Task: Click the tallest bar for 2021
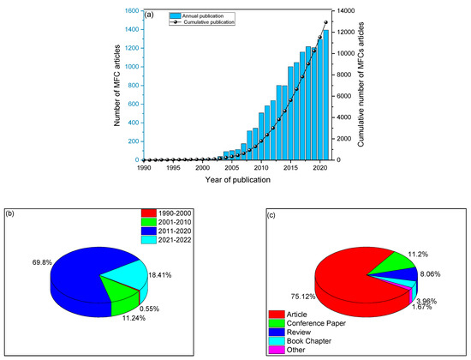[x=326, y=94]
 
